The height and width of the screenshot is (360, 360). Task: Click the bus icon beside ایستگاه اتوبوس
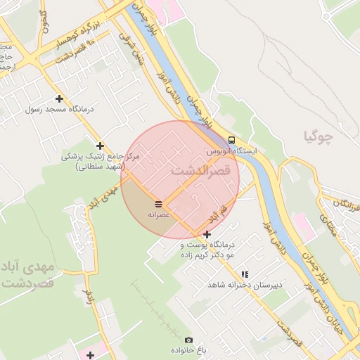[x=232, y=139]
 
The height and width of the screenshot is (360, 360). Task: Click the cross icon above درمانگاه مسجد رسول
[x=59, y=99]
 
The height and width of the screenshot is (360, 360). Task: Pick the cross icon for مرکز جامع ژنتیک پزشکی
[x=101, y=146]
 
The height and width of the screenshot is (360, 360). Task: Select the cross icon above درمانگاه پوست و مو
[x=207, y=234]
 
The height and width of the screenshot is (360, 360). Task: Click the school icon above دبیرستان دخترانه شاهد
[x=245, y=274]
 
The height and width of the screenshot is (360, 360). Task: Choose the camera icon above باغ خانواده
[x=187, y=340]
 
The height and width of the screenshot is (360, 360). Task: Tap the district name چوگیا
[x=318, y=135]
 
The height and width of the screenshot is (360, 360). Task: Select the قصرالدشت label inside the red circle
[x=200, y=171]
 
